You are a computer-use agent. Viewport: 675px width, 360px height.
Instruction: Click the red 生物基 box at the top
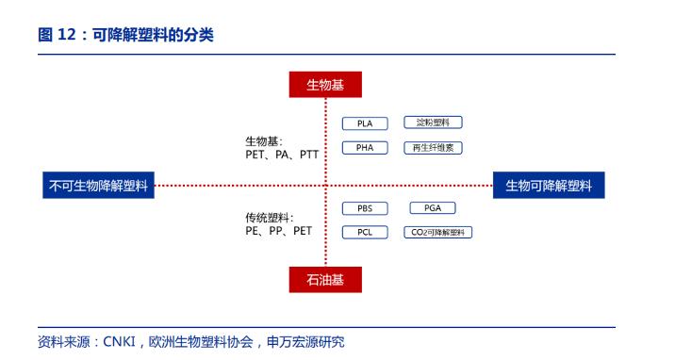325,85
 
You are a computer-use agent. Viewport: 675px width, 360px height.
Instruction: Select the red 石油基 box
325,280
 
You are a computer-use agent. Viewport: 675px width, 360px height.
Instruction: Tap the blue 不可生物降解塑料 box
99,186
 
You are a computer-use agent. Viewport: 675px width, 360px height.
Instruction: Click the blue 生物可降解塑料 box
549,186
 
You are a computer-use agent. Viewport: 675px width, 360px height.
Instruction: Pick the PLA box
365,123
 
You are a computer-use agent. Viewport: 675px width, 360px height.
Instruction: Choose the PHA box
365,148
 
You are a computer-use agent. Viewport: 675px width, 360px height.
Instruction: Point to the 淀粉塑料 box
433,123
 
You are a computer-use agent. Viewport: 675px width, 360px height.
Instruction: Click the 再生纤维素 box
433,148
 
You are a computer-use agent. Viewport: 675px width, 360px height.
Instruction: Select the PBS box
365,208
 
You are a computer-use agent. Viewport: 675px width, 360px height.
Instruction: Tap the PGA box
433,208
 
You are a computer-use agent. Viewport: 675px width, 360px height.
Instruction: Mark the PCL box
365,232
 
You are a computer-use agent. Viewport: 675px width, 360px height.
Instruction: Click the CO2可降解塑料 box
437,232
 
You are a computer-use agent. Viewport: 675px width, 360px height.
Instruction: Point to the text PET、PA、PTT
282,155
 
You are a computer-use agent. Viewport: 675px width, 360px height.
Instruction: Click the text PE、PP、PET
278,231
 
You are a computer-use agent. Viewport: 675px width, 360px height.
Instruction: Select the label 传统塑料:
270,218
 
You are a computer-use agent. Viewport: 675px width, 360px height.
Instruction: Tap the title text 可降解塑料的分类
154,35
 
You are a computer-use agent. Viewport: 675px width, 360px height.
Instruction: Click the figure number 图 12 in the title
57,35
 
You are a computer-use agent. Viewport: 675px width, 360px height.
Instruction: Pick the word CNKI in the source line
119,342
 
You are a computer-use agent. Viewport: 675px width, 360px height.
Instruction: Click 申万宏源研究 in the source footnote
305,342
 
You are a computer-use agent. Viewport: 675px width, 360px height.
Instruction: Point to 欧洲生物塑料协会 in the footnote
201,342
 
